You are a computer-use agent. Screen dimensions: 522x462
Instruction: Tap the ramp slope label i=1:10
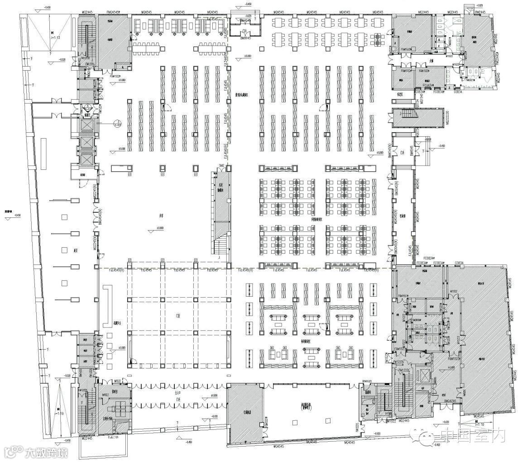click(x=481, y=424)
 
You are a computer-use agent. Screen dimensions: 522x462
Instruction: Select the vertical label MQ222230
click(x=447, y=118)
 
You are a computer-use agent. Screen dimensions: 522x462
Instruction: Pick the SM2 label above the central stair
click(x=222, y=166)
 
